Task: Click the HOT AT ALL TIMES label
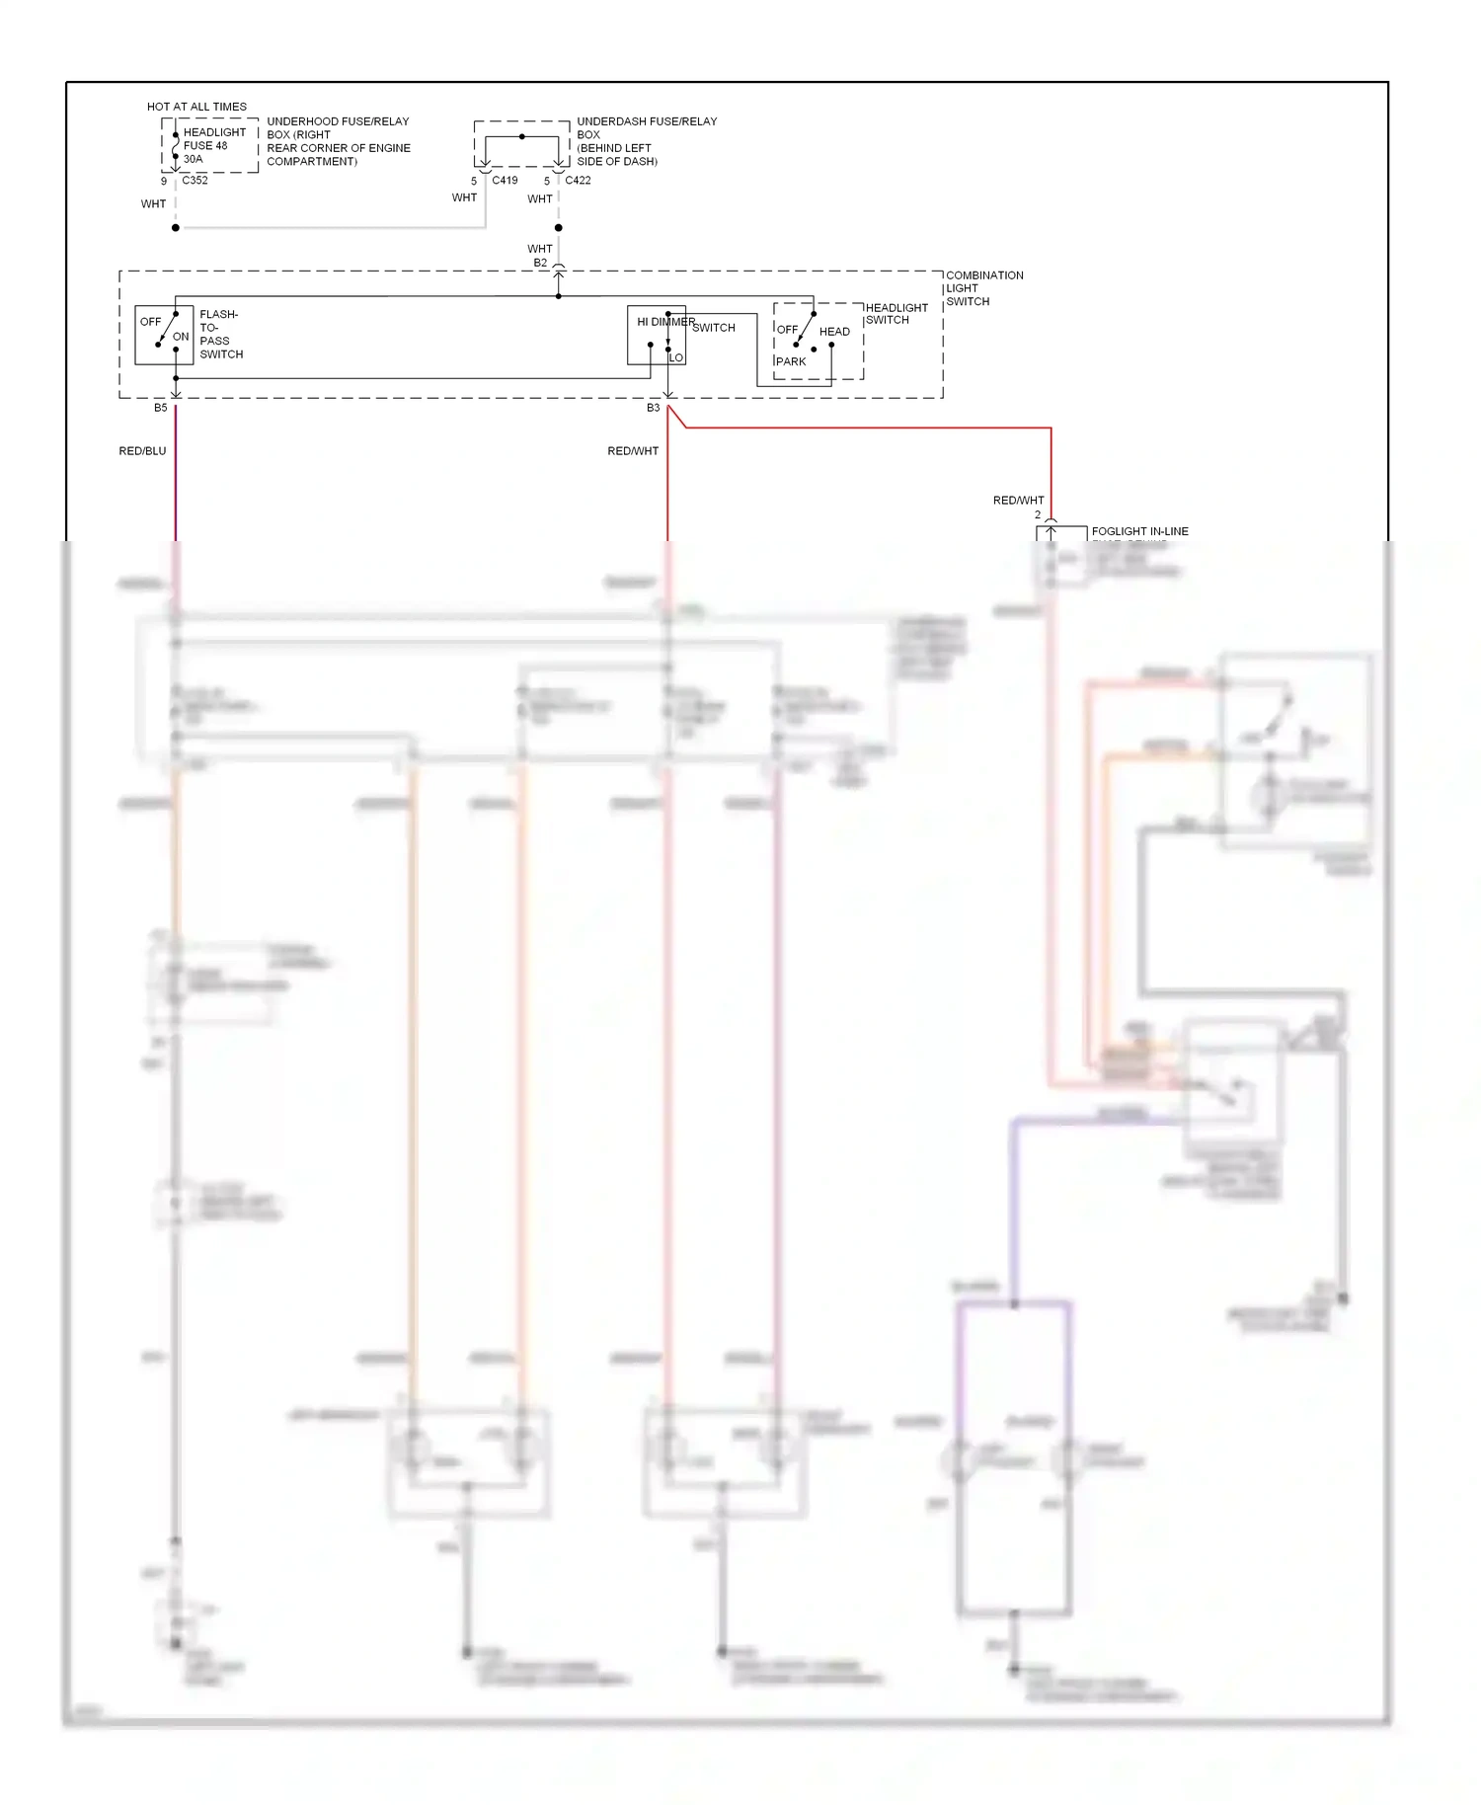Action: point(196,107)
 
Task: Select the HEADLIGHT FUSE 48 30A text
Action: point(213,145)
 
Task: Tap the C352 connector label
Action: point(195,181)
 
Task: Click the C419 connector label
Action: point(505,181)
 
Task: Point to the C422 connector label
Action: point(578,181)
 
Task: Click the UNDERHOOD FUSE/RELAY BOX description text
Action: point(338,141)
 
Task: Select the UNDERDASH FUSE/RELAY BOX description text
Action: point(646,141)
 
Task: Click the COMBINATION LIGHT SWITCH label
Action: point(983,288)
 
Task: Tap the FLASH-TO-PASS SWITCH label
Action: point(220,335)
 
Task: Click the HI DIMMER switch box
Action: point(656,335)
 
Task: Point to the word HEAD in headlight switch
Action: point(834,332)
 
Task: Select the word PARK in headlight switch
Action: point(791,361)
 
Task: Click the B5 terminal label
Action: point(161,408)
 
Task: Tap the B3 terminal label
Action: point(653,408)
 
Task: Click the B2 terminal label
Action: point(540,263)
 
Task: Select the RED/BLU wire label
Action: point(142,451)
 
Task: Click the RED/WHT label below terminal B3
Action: point(633,451)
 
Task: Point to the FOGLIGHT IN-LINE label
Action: point(1139,531)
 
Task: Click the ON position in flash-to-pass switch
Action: point(181,337)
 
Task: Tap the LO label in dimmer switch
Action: point(676,357)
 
